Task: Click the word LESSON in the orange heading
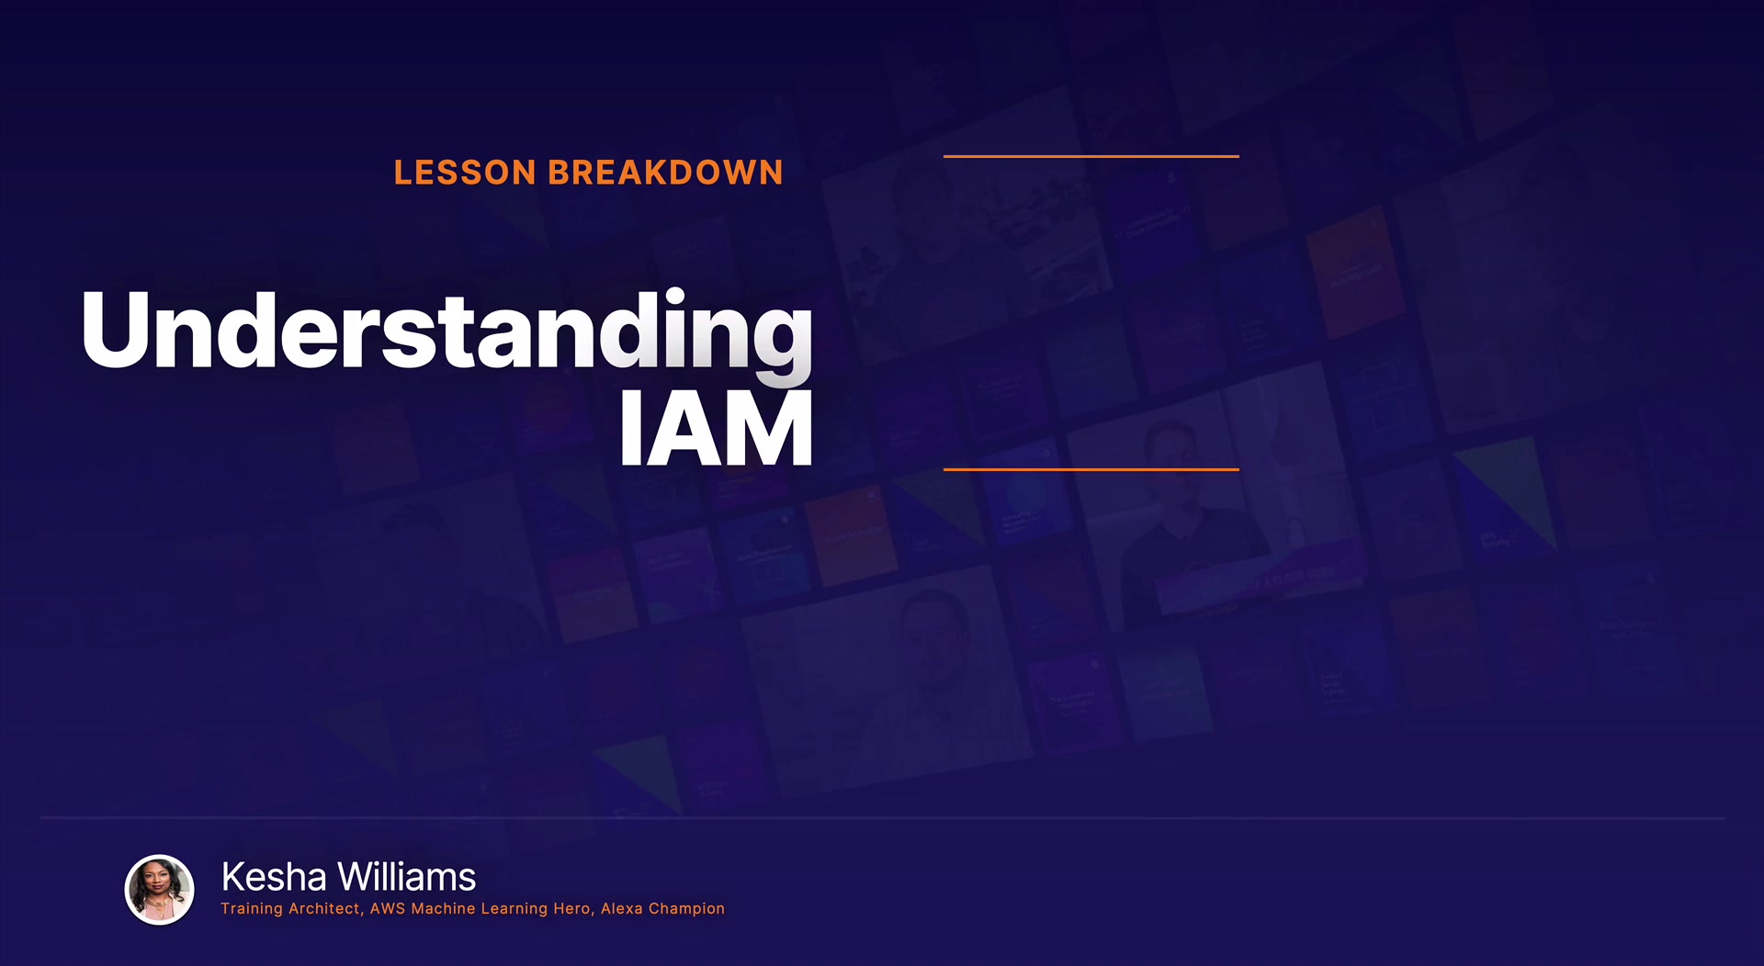(465, 173)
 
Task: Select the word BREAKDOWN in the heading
(666, 173)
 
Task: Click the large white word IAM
(717, 428)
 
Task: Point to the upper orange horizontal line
(1091, 156)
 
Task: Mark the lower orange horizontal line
(1091, 469)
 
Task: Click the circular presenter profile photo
(160, 890)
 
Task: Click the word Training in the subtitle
(252, 909)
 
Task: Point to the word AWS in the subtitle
(388, 909)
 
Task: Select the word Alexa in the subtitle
(622, 909)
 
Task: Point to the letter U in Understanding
(115, 331)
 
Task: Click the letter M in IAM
(769, 428)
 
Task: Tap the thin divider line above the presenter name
(882, 817)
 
